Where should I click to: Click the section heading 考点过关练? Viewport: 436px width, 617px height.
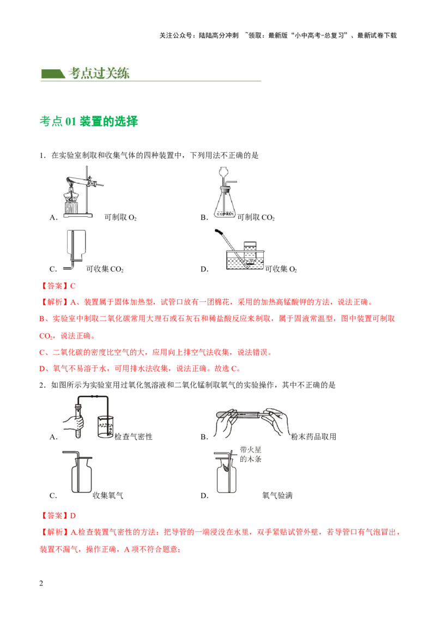point(99,73)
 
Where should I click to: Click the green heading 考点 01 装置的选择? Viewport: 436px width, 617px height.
point(89,121)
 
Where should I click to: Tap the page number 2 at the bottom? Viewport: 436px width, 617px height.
point(41,583)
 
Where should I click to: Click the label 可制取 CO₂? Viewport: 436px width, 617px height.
point(256,217)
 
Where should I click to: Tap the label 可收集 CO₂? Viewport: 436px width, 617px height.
point(105,269)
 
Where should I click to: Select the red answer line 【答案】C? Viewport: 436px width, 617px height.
point(57,286)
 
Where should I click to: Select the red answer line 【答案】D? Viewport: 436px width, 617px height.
point(57,516)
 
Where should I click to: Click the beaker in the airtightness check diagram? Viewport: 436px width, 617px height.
point(105,427)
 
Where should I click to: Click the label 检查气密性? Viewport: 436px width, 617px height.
point(134,437)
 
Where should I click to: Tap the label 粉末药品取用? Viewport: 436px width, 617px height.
point(313,437)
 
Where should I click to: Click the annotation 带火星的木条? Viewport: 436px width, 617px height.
point(251,454)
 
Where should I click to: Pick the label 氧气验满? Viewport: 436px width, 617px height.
point(277,495)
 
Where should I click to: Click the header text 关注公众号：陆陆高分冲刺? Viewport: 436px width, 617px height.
point(199,35)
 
